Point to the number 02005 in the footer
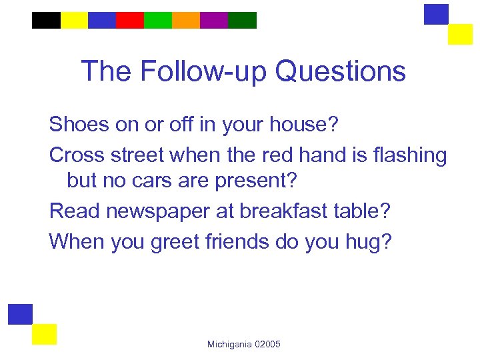tap(268, 344)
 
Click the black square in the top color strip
tap(46, 20)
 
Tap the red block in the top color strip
tap(130, 20)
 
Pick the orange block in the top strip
tap(186, 20)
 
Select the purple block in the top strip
tap(214, 20)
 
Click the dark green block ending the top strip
tap(242, 20)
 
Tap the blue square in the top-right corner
tap(437, 14)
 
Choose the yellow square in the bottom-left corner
tap(44, 334)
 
